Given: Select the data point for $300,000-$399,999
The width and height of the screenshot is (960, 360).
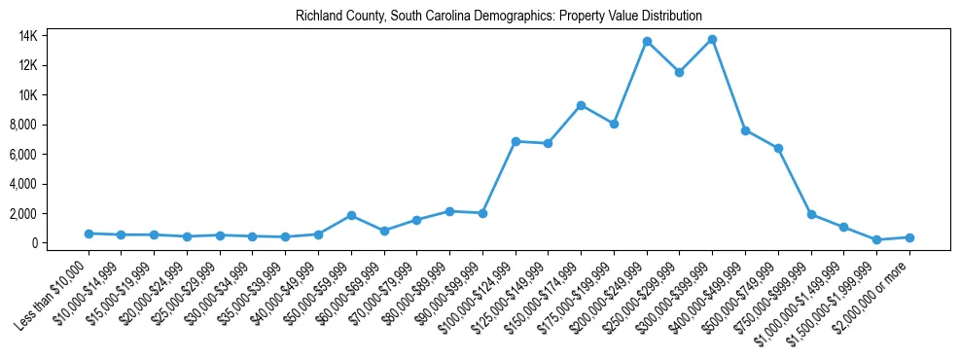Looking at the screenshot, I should click(712, 39).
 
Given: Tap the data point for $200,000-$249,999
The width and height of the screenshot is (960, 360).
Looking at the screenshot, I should click(647, 42).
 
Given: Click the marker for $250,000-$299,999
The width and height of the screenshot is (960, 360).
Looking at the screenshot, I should click(680, 72).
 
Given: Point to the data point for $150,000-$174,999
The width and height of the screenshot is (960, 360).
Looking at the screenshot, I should click(581, 105).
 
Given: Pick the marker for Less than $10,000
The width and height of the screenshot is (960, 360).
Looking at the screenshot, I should click(89, 234).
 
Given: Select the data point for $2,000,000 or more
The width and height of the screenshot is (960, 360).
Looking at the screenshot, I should click(909, 237).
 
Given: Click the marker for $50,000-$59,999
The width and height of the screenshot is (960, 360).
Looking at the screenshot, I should click(351, 215).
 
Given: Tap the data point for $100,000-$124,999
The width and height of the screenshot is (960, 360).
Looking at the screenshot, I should click(516, 141).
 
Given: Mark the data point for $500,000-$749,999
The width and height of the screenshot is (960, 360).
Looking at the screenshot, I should click(778, 148).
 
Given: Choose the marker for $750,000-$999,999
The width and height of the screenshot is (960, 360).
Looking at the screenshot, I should click(811, 214).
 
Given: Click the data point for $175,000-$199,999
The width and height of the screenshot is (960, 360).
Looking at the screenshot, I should click(614, 124).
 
